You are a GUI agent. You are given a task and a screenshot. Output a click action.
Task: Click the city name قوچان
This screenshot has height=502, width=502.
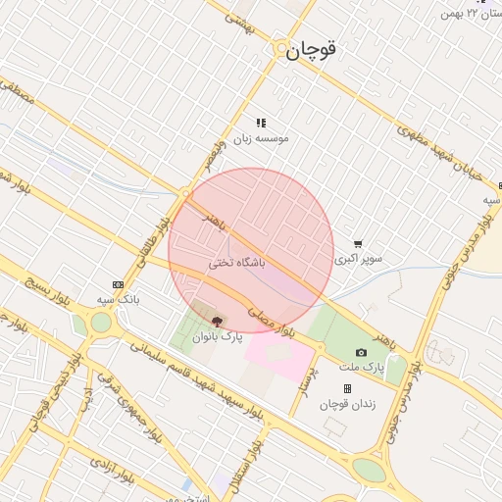(312, 52)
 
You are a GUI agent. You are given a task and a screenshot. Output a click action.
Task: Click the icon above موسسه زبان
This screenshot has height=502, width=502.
(261, 123)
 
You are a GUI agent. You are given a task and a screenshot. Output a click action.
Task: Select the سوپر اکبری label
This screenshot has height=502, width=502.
(358, 260)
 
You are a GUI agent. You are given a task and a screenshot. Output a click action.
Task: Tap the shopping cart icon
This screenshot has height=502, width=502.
(358, 244)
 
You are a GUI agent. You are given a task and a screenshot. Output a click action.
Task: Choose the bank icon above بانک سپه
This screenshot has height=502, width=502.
(119, 283)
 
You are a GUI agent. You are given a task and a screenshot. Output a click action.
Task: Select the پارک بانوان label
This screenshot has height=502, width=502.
(216, 337)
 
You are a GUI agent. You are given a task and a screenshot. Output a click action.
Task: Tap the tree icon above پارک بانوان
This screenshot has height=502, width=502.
(217, 321)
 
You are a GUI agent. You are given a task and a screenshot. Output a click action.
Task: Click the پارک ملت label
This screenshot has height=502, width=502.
(360, 368)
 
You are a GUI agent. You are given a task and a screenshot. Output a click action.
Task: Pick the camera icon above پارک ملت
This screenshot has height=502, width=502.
(361, 352)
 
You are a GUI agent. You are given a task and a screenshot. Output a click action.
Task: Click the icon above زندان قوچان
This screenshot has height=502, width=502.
(347, 389)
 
